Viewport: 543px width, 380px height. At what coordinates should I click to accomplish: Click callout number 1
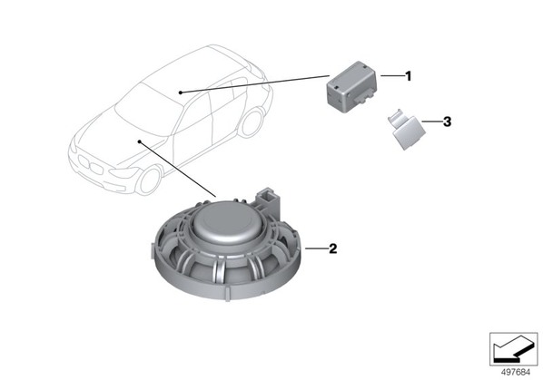coord(409,76)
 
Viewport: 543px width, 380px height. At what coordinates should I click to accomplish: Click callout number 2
coord(333,248)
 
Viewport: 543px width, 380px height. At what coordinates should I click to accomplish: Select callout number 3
coord(447,122)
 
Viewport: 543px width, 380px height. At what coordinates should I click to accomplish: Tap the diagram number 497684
coord(516,372)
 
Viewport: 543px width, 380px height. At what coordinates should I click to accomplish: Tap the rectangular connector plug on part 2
coord(269,200)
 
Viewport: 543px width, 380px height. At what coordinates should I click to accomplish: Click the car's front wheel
coord(149,180)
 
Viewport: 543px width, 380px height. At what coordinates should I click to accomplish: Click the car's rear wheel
coord(252,122)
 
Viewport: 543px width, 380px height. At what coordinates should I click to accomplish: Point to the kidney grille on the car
coord(91,165)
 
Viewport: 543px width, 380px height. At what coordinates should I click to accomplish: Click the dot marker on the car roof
coord(181,92)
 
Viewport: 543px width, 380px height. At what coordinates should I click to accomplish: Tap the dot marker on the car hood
coord(139,141)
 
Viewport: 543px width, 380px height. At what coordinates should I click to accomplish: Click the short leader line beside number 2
coord(316,248)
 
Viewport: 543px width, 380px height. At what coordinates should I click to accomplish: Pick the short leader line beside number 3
coord(432,122)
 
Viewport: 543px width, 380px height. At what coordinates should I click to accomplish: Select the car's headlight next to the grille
coord(123,172)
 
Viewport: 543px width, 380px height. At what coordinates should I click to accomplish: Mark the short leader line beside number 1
coord(392,75)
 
